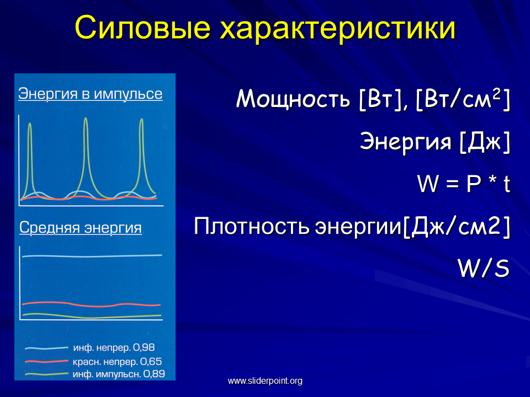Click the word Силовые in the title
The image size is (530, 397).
click(x=142, y=28)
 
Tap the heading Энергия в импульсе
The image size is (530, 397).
click(x=90, y=94)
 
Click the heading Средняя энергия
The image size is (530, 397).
click(x=81, y=228)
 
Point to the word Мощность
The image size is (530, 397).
click(x=293, y=99)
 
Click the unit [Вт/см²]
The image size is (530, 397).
click(x=463, y=100)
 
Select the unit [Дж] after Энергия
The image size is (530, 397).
click(x=485, y=142)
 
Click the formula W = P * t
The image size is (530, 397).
click(x=464, y=184)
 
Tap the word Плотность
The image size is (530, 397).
click(x=252, y=226)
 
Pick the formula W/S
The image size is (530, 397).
click(x=484, y=269)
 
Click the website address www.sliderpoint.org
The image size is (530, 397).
click(x=265, y=381)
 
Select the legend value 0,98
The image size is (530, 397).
click(x=144, y=347)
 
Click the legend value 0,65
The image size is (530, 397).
click(x=151, y=362)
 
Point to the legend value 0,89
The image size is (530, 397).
click(x=154, y=374)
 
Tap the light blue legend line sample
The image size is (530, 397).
click(x=46, y=348)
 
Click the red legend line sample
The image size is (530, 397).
click(x=46, y=362)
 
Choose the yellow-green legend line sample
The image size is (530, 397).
click(x=46, y=374)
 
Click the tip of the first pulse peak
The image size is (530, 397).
click(x=30, y=124)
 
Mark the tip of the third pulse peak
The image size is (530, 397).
click(x=142, y=119)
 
